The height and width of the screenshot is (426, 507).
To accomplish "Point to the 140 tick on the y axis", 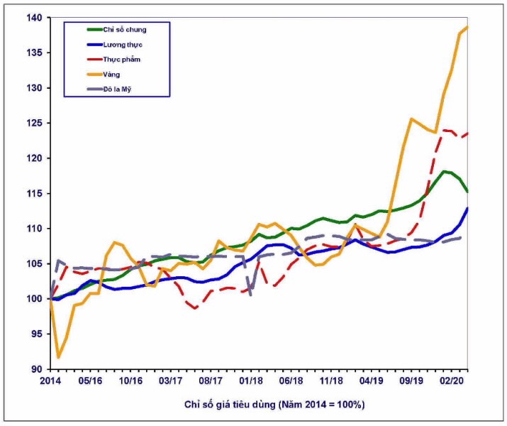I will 34,18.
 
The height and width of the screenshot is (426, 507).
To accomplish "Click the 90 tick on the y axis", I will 36,369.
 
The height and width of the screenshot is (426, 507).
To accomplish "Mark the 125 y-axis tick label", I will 34,123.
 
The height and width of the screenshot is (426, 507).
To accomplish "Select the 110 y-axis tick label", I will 34,229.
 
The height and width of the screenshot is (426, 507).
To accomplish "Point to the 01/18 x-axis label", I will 250,381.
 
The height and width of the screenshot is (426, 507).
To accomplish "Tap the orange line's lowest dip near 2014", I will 58,357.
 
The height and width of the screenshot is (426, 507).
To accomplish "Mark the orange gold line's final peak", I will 467,27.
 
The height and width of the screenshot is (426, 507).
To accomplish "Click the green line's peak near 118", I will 445,171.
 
